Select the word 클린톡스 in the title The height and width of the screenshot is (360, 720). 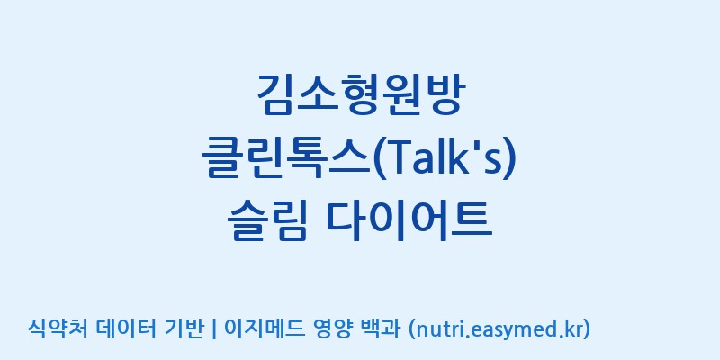pos(286,159)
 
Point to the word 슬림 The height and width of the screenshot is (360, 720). pos(266,222)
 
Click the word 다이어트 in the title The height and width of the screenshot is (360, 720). pos(409,222)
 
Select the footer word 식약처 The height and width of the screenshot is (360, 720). pos(58,328)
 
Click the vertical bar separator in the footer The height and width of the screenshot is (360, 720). pos(214,329)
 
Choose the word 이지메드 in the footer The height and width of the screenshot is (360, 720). pos(264,328)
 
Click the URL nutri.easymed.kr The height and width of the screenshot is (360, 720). pos(498,329)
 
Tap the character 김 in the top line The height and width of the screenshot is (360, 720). pos(277,94)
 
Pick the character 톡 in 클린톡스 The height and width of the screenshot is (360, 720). pos(308,159)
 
